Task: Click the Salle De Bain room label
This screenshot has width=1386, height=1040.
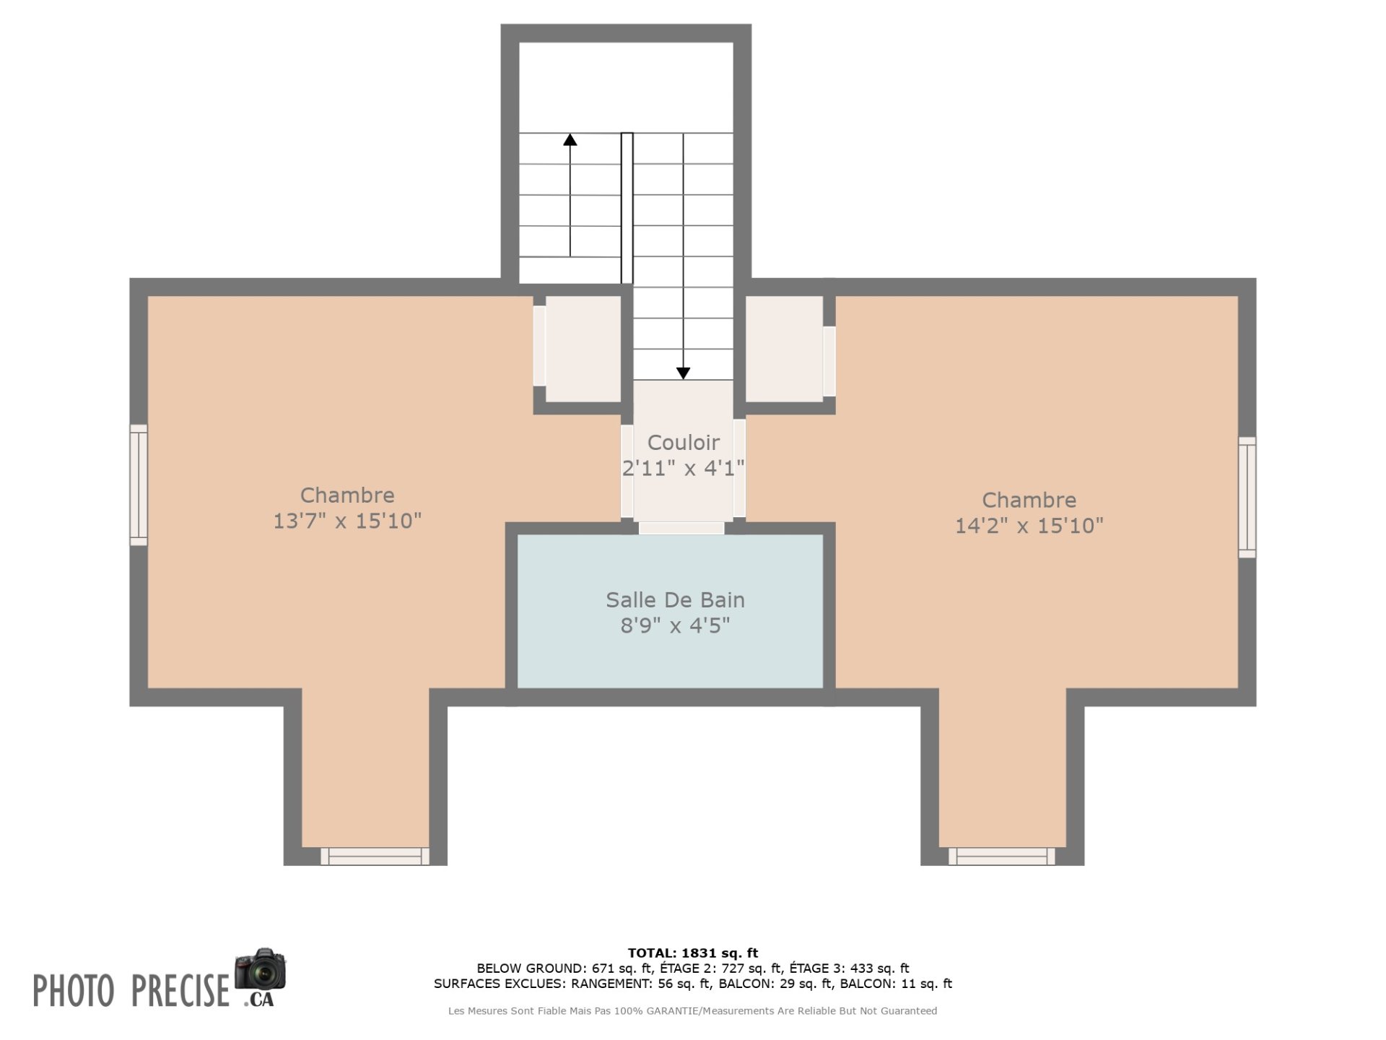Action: tap(675, 599)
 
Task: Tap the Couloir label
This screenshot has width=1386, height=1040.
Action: tap(683, 442)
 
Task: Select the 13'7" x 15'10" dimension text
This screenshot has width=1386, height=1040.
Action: tap(346, 521)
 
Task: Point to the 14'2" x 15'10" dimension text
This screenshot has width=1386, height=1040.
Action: tap(1029, 525)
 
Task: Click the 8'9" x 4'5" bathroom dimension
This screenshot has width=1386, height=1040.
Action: tap(675, 625)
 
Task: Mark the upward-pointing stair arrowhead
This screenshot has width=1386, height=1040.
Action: tap(570, 139)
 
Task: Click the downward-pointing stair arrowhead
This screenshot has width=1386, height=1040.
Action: tap(683, 373)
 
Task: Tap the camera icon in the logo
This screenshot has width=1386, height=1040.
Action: tap(260, 969)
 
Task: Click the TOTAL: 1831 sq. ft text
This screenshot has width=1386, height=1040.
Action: tap(693, 953)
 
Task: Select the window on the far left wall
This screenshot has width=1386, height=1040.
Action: tap(139, 485)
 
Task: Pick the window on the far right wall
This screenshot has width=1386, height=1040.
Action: tap(1247, 497)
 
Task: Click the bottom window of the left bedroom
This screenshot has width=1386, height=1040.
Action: tap(375, 856)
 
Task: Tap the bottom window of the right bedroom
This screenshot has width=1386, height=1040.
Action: tap(1001, 856)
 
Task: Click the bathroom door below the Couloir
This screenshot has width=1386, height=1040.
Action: tap(681, 528)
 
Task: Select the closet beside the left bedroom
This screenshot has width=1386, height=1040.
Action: tap(583, 349)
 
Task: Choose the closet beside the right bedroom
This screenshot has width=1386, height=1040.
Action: tap(784, 349)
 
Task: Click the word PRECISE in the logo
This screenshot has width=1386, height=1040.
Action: tap(180, 990)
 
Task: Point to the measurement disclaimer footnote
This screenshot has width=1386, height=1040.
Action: tap(692, 1011)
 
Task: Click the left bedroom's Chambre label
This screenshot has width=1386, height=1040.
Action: tap(347, 495)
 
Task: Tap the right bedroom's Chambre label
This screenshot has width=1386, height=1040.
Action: tap(1029, 500)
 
